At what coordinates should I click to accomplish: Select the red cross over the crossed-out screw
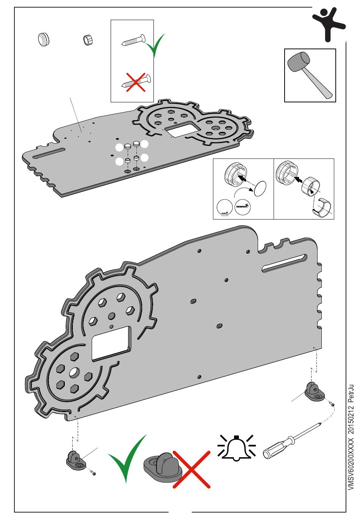(x=136, y=82)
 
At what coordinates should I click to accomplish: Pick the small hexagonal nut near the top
(x=88, y=39)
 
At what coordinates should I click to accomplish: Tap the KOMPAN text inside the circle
(x=243, y=207)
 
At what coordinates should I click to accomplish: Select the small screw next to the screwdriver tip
(x=332, y=405)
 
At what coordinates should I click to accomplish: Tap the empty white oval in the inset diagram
(x=260, y=188)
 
